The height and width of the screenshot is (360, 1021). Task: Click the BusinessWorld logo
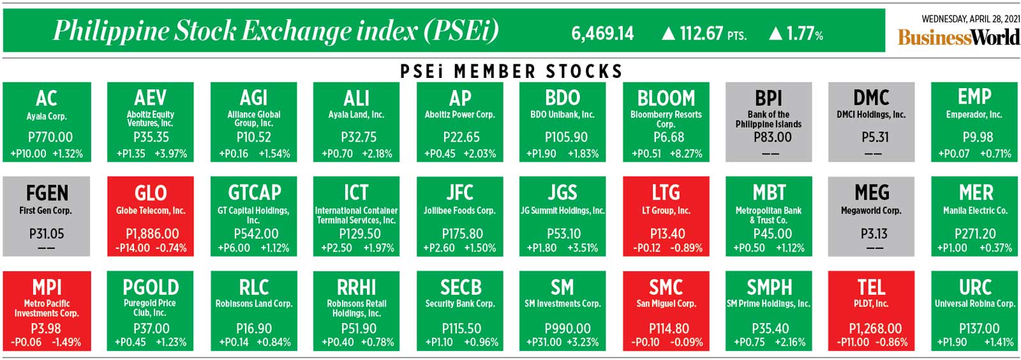[958, 37]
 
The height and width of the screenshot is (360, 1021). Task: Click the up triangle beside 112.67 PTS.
[668, 33]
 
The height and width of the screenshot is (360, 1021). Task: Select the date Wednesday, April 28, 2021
[970, 19]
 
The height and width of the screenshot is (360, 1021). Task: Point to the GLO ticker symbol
[151, 193]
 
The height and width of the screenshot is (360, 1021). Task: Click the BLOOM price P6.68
[668, 137]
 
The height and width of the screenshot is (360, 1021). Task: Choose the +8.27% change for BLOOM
[686, 154]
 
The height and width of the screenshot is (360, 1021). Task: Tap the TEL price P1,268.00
[875, 329]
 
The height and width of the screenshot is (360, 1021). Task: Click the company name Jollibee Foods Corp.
[459, 210]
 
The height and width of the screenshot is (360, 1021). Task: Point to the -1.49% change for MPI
[66, 343]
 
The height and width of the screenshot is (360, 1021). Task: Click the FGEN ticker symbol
[47, 193]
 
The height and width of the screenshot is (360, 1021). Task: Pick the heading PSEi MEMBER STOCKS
[511, 71]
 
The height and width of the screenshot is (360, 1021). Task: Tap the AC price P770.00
[50, 137]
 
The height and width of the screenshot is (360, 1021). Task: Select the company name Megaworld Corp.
[871, 210]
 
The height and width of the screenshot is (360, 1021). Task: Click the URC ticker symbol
[974, 287]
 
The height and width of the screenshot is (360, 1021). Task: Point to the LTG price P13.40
[667, 234]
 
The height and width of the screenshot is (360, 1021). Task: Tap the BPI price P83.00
[772, 137]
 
